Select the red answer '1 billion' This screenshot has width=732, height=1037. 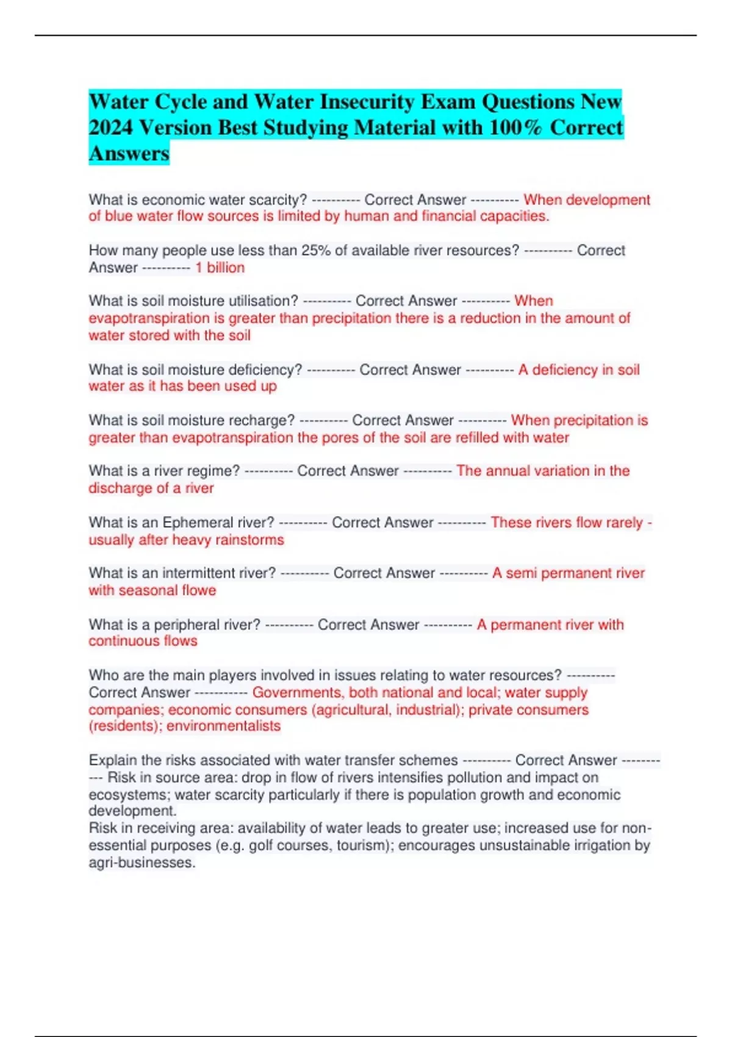tap(220, 267)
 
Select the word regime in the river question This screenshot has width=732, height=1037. tap(211, 470)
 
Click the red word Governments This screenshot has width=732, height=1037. tap(298, 692)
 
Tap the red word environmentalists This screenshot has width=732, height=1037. tap(223, 725)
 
